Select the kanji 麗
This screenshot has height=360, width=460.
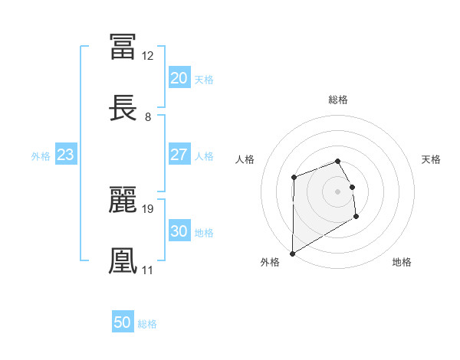(x=123, y=198)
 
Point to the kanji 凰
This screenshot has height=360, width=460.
(x=123, y=260)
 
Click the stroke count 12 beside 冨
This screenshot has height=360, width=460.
(x=148, y=55)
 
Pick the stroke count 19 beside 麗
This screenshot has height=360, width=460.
(x=148, y=208)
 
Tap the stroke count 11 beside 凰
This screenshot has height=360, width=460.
(x=147, y=270)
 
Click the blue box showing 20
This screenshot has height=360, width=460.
(x=179, y=78)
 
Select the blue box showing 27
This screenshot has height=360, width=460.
(x=179, y=155)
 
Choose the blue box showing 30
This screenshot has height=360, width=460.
(x=179, y=231)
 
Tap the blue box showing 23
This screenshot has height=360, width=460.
(x=65, y=155)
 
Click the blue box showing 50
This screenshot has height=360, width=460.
(x=123, y=322)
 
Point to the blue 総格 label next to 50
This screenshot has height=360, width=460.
(x=147, y=324)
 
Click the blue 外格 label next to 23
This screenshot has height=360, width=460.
(x=41, y=156)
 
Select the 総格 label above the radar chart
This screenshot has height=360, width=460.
(x=338, y=100)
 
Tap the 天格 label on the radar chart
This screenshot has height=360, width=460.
(x=432, y=159)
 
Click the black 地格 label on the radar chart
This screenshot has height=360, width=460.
(x=402, y=263)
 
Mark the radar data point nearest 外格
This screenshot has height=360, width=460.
(x=292, y=253)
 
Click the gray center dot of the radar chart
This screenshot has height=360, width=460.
(x=337, y=191)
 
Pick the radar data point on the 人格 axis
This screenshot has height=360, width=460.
(x=294, y=178)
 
